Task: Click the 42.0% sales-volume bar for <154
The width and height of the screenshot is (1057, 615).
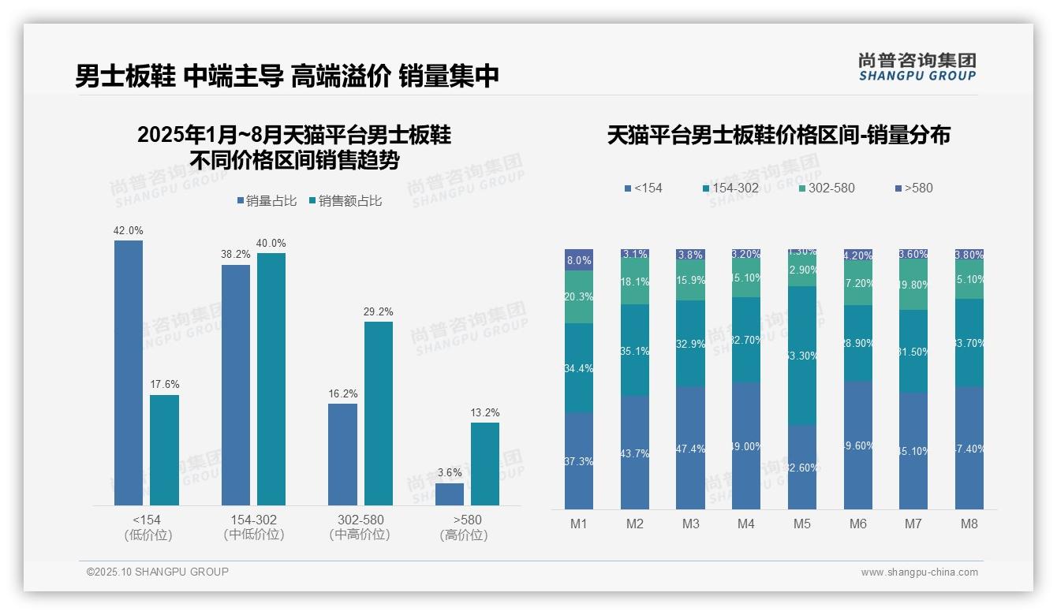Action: point(129,372)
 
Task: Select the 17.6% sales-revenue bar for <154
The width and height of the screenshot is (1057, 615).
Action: point(164,449)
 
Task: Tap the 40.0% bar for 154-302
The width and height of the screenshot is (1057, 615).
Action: point(271,378)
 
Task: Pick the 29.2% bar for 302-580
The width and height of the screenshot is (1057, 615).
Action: point(378,413)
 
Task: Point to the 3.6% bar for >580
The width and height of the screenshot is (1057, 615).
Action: point(450,494)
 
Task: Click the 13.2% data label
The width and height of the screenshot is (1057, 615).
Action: point(485,412)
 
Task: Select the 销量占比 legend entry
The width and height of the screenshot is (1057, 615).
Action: point(267,201)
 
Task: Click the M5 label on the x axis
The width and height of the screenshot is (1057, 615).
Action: point(802,524)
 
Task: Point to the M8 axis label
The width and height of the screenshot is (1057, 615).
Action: point(969,524)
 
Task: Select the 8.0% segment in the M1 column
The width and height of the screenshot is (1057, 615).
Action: point(579,260)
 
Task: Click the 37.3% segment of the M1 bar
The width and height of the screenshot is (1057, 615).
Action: point(579,460)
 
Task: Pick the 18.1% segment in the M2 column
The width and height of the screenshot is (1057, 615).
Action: point(635,282)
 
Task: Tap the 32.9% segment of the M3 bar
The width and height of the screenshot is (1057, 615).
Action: point(691,343)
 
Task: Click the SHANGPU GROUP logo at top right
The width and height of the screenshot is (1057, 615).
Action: point(917,67)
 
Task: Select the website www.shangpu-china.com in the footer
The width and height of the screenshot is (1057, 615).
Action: point(919,572)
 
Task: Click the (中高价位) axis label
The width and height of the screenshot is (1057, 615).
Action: point(360,535)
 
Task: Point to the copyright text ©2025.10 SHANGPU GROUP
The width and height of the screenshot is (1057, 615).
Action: point(158,572)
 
